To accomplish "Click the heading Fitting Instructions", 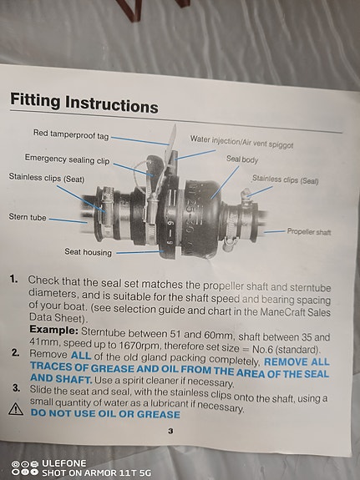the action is click(84, 103).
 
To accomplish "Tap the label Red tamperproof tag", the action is click(71, 134).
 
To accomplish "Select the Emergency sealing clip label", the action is click(67, 159).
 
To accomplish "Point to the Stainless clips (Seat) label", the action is click(47, 178).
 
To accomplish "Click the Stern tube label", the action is click(28, 217).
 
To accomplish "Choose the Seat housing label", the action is click(89, 252).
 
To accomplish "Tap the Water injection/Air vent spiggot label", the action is click(241, 142).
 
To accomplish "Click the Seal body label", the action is click(242, 159).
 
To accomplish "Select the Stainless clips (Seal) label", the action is click(286, 179).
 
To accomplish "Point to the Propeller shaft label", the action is click(309, 231).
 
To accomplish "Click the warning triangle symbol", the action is click(16, 409).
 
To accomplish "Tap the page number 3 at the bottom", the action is click(170, 431).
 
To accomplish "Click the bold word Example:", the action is click(54, 330).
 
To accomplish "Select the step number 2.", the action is click(15, 352).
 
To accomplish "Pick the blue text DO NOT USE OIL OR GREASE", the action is click(105, 413).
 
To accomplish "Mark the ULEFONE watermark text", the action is click(64, 462).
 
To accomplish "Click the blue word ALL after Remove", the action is click(81, 356).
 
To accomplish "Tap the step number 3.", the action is click(16, 388).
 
